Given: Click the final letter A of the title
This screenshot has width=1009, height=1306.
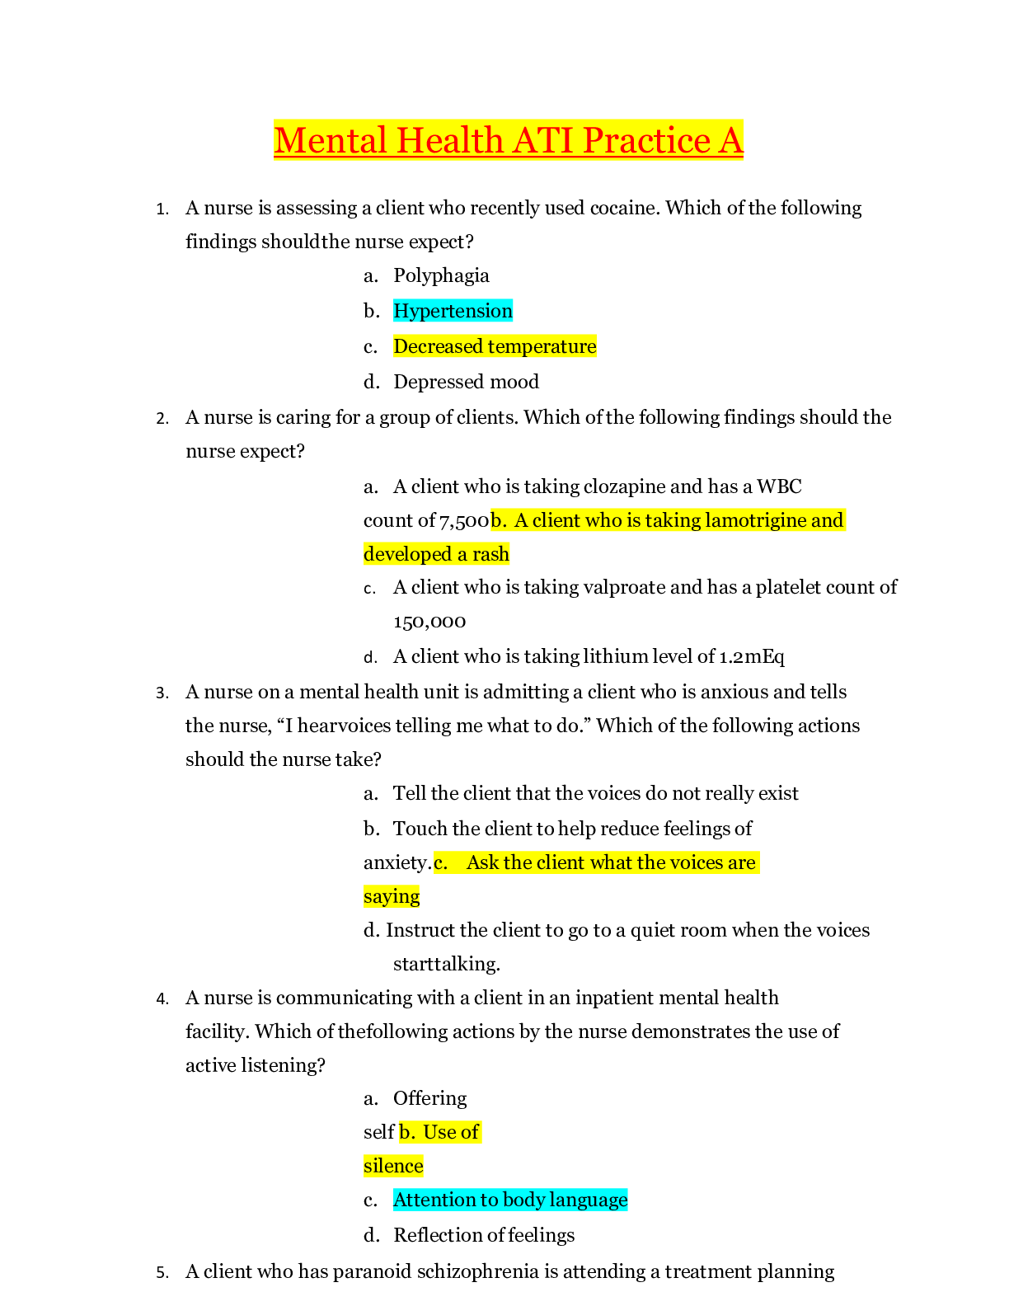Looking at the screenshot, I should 730,140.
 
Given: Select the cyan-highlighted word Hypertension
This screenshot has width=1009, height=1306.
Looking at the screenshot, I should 453,311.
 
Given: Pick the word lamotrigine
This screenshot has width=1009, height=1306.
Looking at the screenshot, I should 756,520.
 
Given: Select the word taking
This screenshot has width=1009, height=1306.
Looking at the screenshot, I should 671,520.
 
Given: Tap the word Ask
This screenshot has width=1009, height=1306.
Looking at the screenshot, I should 482,862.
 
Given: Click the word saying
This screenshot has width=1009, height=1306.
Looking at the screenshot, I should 392,896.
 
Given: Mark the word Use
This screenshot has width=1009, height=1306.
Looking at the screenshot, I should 438,1132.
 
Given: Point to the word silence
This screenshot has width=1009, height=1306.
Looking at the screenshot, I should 393,1166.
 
